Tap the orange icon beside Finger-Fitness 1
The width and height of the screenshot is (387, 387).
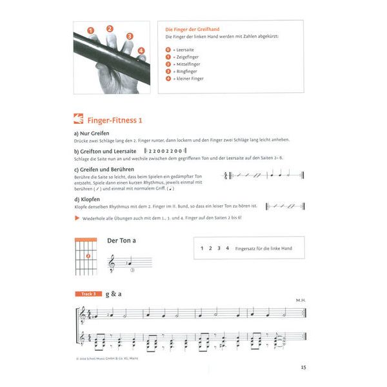79,119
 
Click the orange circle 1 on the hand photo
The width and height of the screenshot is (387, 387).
91,31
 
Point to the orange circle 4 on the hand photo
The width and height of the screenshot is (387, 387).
141,50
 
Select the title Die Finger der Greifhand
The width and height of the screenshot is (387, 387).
193,30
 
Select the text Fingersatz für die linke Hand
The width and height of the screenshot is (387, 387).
264,248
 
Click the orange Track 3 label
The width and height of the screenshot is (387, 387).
85,294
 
